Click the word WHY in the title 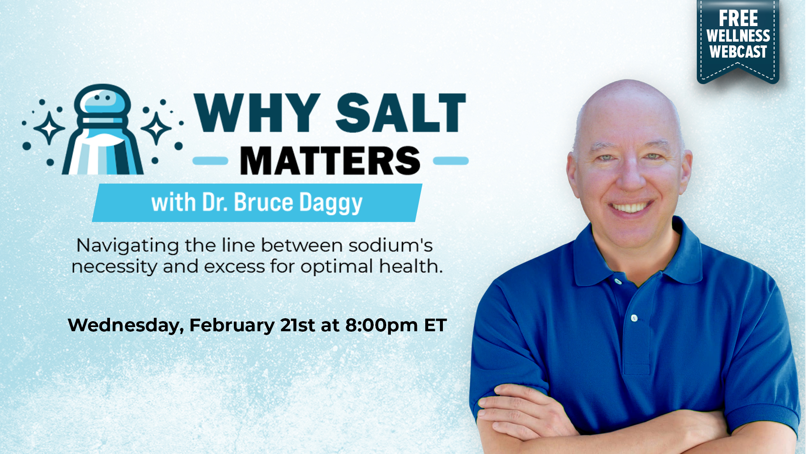pyautogui.click(x=257, y=112)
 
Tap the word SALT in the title pyautogui.click(x=401, y=112)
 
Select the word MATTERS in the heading pyautogui.click(x=330, y=161)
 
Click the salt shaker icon pyautogui.click(x=103, y=129)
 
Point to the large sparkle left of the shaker pyautogui.click(x=49, y=128)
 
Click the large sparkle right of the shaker pyautogui.click(x=156, y=128)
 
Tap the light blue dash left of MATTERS pyautogui.click(x=210, y=161)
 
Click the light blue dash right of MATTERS pyautogui.click(x=451, y=161)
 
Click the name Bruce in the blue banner pyautogui.click(x=263, y=202)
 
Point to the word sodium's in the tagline pyautogui.click(x=390, y=245)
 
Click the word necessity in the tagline pyautogui.click(x=114, y=267)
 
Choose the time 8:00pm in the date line pyautogui.click(x=382, y=325)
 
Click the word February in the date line pyautogui.click(x=232, y=325)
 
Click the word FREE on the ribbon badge pyautogui.click(x=738, y=18)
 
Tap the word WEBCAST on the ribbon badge pyautogui.click(x=738, y=52)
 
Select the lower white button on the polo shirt pyautogui.click(x=634, y=318)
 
